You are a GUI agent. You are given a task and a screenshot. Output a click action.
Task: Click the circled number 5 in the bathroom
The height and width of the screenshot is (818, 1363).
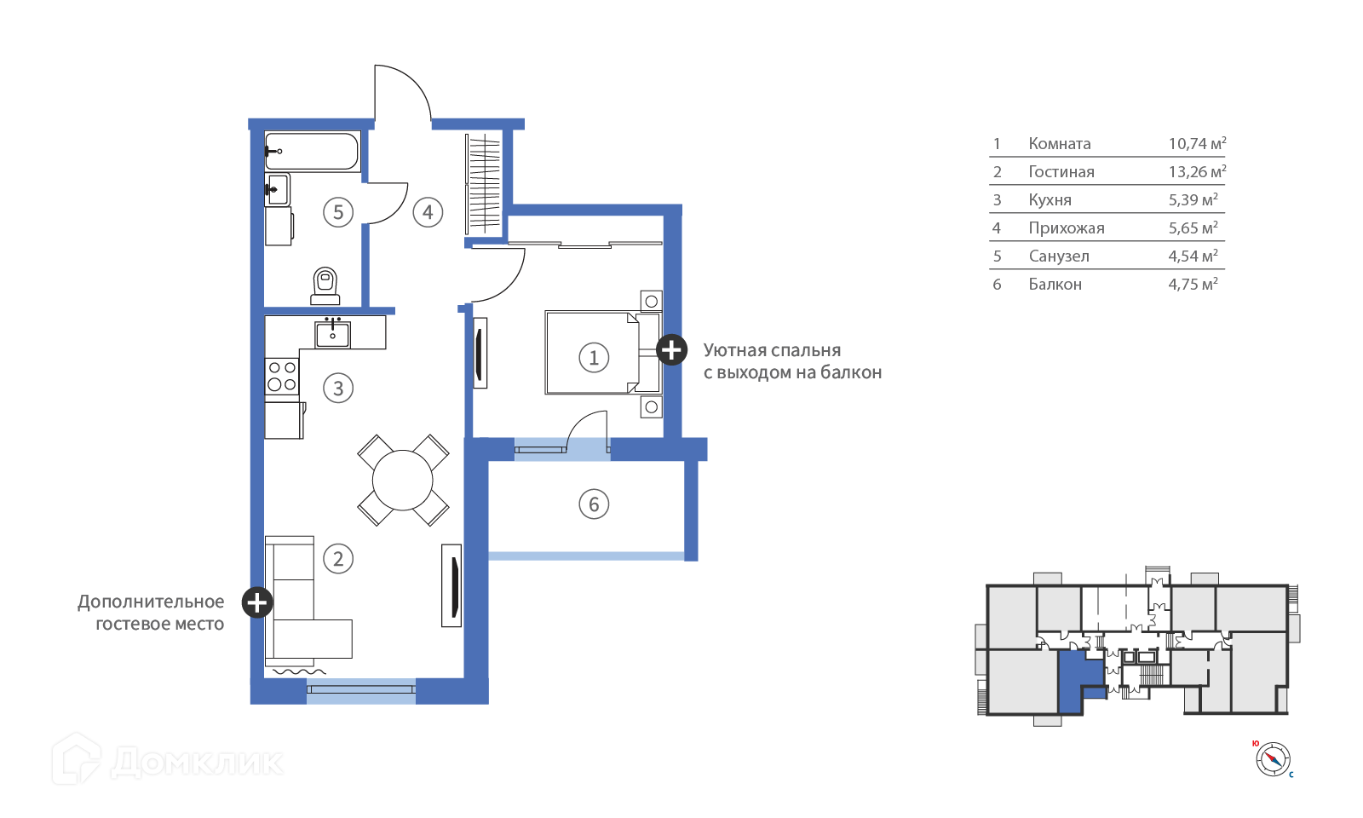[x=338, y=211]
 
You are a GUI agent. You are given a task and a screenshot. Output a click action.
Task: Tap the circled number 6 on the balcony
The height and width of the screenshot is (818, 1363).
[x=594, y=504]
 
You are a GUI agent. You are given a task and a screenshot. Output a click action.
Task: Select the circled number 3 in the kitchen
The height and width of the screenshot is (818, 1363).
[x=338, y=388]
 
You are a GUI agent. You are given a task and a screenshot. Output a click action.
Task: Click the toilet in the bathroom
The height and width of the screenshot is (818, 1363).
[x=325, y=286]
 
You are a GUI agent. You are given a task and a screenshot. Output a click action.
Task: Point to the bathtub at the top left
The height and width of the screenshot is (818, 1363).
[x=312, y=151]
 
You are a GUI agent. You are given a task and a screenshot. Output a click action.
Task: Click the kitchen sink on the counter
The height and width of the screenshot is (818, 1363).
[x=332, y=334]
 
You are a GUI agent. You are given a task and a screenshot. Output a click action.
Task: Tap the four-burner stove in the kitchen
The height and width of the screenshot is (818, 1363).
[x=282, y=377]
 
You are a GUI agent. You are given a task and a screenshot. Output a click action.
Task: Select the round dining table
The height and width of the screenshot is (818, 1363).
[x=403, y=481]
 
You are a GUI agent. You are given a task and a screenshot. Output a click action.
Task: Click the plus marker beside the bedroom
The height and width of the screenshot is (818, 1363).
[x=671, y=349]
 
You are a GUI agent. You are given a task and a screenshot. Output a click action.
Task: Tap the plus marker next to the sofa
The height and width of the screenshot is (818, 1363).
[x=257, y=602]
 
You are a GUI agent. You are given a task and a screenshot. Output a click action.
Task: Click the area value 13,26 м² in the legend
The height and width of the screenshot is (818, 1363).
[x=1197, y=171]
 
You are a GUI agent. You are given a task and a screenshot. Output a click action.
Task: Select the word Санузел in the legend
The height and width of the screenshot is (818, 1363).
[x=1059, y=256]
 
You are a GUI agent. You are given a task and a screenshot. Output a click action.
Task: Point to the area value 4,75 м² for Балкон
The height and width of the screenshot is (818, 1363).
[x=1193, y=284]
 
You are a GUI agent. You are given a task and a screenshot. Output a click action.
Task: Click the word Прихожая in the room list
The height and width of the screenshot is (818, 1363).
[x=1066, y=228]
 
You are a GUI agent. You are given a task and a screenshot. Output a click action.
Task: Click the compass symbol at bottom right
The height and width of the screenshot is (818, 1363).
[x=1273, y=759]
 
